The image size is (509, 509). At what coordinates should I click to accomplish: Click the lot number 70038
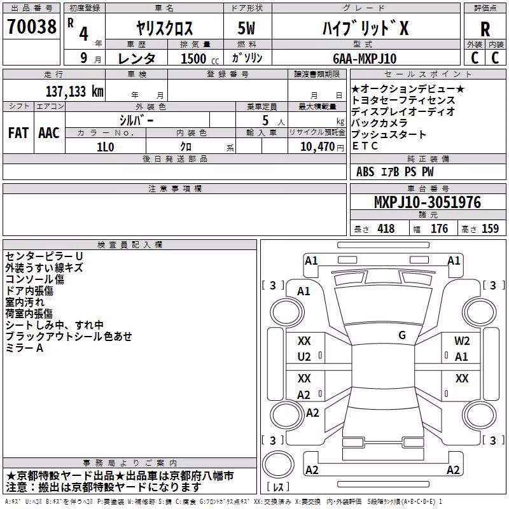coord(32,26)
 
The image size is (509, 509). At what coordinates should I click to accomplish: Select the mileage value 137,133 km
coord(74,92)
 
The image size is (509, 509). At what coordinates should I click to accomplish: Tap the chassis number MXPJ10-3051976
coord(428,202)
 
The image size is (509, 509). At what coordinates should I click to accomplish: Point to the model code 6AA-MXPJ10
coord(365,59)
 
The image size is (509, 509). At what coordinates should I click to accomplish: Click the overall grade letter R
coord(485,29)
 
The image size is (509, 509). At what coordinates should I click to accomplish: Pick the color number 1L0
coord(106,147)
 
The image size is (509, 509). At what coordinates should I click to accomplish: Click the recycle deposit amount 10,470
coord(317,147)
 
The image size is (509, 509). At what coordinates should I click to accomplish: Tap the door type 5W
coord(246,28)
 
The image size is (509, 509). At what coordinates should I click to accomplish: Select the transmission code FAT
coord(18,133)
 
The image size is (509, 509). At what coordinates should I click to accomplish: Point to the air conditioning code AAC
coord(49,133)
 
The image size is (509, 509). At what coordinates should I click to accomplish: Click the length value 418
coord(386,228)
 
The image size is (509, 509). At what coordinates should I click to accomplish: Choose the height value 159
coord(490,228)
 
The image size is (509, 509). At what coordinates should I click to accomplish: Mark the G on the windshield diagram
coord(402,335)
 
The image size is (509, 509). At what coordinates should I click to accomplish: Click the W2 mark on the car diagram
coord(462,341)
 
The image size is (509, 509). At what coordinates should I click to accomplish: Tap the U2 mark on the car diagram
coord(304,357)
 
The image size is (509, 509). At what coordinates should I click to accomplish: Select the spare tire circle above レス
coord(278,464)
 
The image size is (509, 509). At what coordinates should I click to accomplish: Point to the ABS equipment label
coord(365,172)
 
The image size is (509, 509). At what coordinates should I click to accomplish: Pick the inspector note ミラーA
coord(24,348)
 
